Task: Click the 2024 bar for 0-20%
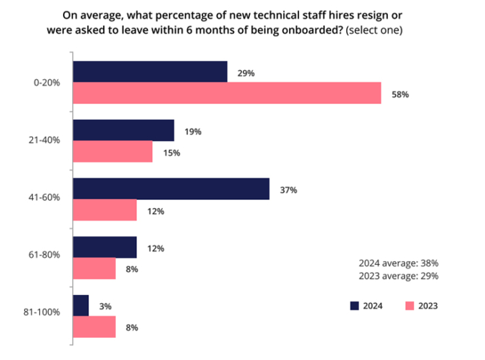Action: coord(150,72)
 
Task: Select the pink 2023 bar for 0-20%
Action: coord(227,93)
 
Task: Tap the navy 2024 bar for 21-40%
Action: coord(123,130)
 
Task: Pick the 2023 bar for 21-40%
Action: coord(113,152)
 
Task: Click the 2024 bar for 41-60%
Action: coord(171,189)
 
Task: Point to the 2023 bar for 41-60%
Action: coord(105,210)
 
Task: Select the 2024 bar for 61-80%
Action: coord(105,248)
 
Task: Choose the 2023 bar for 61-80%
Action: coord(94,269)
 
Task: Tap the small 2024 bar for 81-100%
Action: coord(81,306)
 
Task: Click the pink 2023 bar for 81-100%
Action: coord(94,327)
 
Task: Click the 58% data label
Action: coord(400,94)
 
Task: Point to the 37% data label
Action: coord(288,190)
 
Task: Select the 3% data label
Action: coord(106,306)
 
